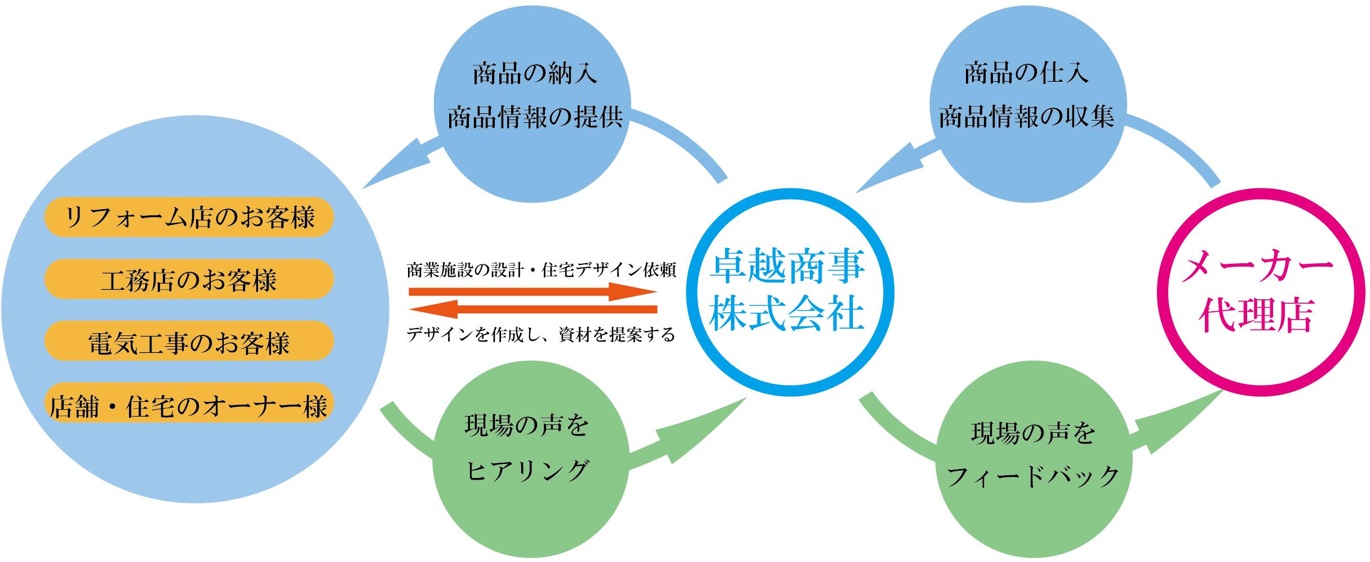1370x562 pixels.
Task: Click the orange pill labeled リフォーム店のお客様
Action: (x=189, y=217)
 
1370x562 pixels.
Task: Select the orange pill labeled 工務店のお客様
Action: (x=189, y=279)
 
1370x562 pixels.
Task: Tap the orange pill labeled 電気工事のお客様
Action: (x=189, y=341)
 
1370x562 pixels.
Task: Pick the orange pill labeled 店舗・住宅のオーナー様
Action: (x=189, y=405)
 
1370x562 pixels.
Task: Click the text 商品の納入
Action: (x=534, y=74)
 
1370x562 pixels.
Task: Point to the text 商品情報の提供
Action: (x=534, y=118)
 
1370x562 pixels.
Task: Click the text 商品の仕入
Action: (x=1026, y=74)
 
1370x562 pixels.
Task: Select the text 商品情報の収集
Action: (x=1026, y=118)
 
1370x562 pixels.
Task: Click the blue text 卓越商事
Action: (x=787, y=267)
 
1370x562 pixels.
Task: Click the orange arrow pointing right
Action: (x=533, y=292)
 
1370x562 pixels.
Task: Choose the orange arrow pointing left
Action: (x=533, y=309)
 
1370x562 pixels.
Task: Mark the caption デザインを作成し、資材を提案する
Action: (x=541, y=335)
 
